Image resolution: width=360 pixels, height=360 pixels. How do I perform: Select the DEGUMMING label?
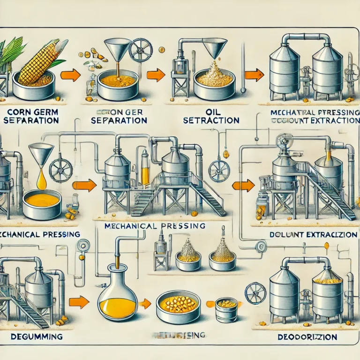30,337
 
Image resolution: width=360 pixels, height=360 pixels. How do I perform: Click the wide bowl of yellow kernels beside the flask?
178,305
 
